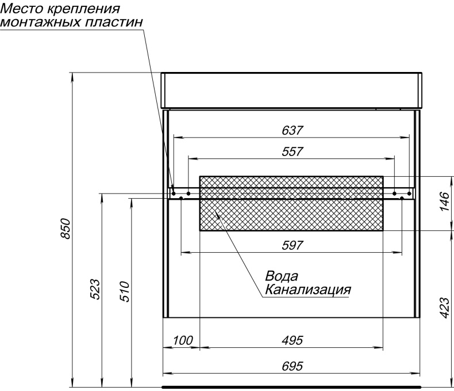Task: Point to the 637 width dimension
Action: coord(292,130)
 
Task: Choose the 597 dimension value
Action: coord(292,245)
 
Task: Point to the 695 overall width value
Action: coord(292,366)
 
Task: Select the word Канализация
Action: coord(307,288)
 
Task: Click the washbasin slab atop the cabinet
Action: coord(292,90)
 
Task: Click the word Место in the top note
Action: coord(21,9)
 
